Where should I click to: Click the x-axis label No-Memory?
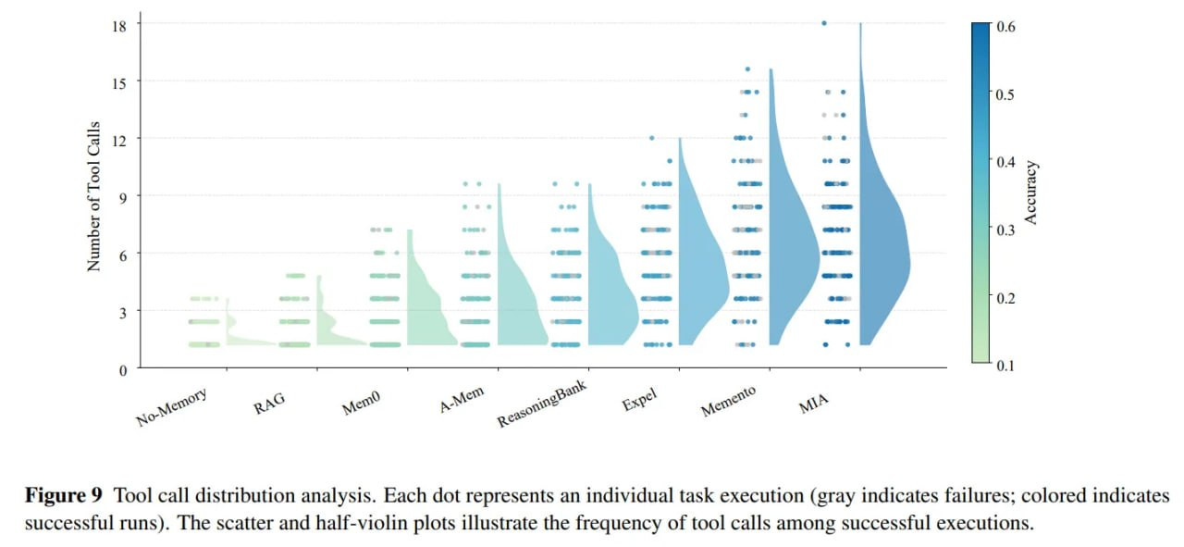click(172, 407)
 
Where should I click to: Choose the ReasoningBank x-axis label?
click(542, 403)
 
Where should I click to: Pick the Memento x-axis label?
click(728, 402)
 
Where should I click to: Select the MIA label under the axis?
click(814, 400)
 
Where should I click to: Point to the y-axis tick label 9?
click(123, 195)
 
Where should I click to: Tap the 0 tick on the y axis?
click(123, 368)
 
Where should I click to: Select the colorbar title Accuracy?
click(1031, 193)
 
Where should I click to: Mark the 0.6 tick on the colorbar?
click(1005, 27)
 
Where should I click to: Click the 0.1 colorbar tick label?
click(1005, 366)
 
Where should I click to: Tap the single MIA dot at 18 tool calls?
click(824, 23)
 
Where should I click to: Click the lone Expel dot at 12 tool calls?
click(652, 138)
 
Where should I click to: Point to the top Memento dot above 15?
click(747, 68)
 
